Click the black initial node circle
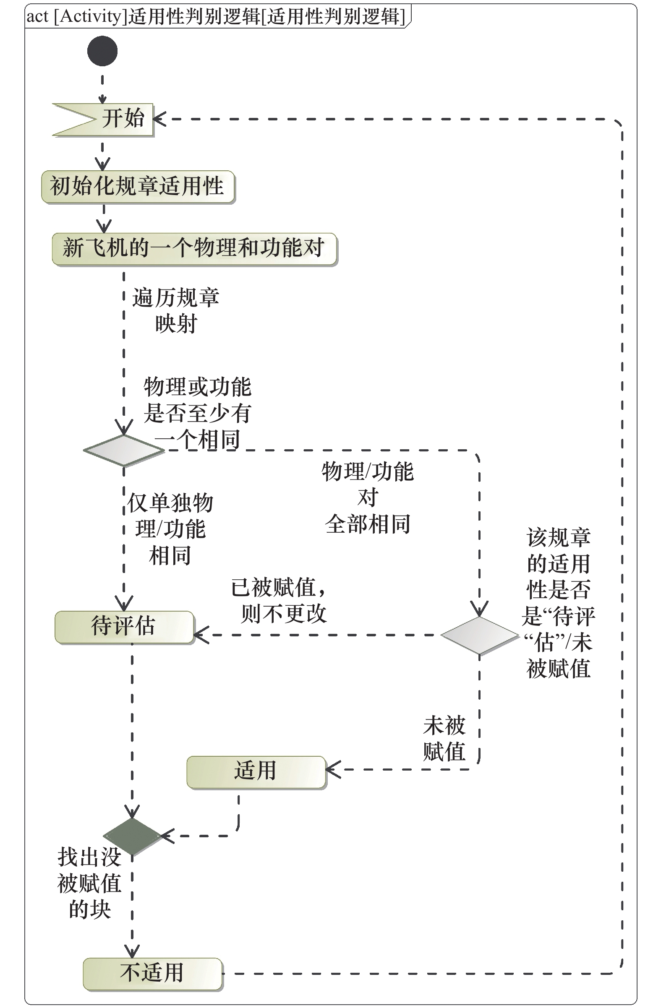tap(102, 51)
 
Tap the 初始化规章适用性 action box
tap(138, 186)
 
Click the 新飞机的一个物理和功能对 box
tap(194, 249)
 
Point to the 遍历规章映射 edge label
tap(175, 310)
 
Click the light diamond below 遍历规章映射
tap(123, 450)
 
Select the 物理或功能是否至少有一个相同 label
tap(197, 413)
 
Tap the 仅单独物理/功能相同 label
tap(170, 529)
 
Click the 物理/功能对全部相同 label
tap(368, 497)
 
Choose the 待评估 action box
tap(124, 627)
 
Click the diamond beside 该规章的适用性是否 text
tap(479, 635)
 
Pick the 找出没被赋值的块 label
tap(89, 883)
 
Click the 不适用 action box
tap(152, 974)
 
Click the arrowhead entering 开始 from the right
tap(159, 119)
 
